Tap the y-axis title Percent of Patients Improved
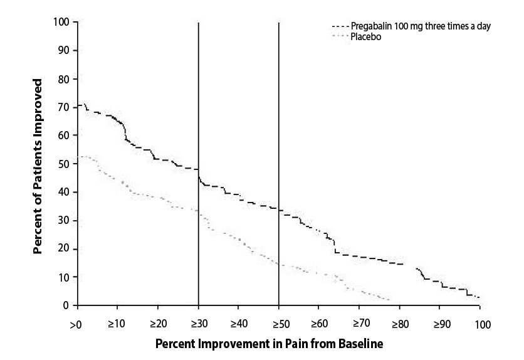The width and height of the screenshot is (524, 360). pyautogui.click(x=39, y=166)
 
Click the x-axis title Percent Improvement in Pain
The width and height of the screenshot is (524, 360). pyautogui.click(x=269, y=344)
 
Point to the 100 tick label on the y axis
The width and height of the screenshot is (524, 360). pyautogui.click(x=61, y=23)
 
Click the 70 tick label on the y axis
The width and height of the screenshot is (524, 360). pyautogui.click(x=63, y=107)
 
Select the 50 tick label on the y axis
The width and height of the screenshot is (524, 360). pyautogui.click(x=63, y=164)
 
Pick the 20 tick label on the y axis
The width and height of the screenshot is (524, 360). pyautogui.click(x=63, y=249)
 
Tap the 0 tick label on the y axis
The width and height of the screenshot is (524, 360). pyautogui.click(x=66, y=305)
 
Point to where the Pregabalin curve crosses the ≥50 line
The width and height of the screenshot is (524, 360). pyautogui.click(x=278, y=210)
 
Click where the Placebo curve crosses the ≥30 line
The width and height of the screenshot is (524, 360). pyautogui.click(x=198, y=212)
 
